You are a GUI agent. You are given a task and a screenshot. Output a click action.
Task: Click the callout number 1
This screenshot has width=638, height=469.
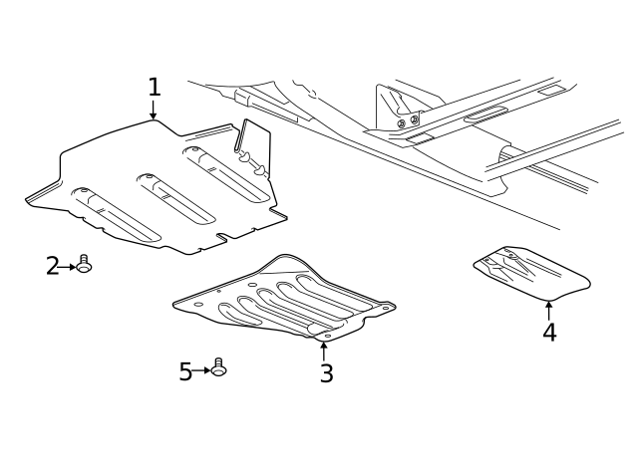pyautogui.click(x=155, y=87)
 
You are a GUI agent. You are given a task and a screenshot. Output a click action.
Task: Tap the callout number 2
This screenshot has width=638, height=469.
pyautogui.click(x=53, y=266)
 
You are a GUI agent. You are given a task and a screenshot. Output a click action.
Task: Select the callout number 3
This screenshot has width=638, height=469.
pyautogui.click(x=327, y=373)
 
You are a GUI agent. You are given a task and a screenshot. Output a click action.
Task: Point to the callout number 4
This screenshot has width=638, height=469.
pyautogui.click(x=549, y=332)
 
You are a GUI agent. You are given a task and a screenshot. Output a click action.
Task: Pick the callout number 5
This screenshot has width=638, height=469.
pyautogui.click(x=185, y=371)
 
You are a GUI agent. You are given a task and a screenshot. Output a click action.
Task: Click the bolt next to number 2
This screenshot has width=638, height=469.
pyautogui.click(x=84, y=264)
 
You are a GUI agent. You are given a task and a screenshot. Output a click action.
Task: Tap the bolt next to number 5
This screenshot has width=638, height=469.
pyautogui.click(x=219, y=367)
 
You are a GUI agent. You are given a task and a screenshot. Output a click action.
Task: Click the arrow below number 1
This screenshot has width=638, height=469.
pyautogui.click(x=153, y=110)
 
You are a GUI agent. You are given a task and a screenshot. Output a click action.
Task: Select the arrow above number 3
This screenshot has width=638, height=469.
pyautogui.click(x=324, y=352)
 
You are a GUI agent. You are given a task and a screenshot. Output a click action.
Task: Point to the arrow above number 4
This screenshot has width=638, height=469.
pyautogui.click(x=549, y=311)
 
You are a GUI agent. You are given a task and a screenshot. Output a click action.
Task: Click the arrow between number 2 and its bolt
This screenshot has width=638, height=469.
pyautogui.click(x=68, y=267)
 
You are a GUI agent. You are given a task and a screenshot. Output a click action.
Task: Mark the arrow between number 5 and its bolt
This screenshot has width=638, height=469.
pyautogui.click(x=202, y=370)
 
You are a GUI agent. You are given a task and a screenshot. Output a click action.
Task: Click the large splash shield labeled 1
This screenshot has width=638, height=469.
pyautogui.click(x=157, y=187)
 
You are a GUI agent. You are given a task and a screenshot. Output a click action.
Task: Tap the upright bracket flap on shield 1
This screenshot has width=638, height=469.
pyautogui.click(x=253, y=148)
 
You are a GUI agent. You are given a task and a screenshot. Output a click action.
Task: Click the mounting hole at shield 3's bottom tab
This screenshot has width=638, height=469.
pyautogui.click(x=327, y=336)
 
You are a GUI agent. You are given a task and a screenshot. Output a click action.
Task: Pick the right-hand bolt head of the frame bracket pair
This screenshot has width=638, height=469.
pyautogui.click(x=415, y=119)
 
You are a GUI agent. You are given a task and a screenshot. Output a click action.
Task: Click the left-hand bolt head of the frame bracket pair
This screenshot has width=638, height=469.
pyautogui.click(x=401, y=123)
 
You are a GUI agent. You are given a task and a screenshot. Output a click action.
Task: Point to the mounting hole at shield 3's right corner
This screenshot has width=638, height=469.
pyautogui.click(x=385, y=309)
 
